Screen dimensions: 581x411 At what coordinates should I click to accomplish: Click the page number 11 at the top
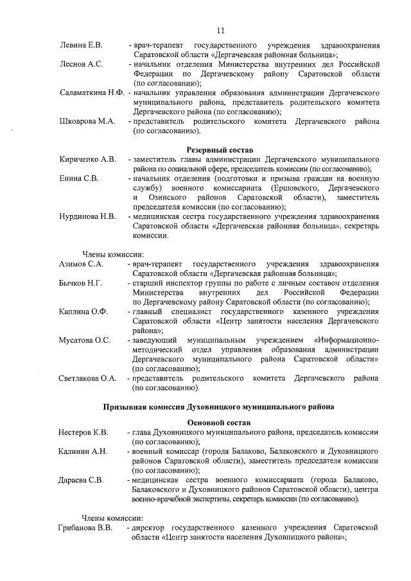click(220, 30)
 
